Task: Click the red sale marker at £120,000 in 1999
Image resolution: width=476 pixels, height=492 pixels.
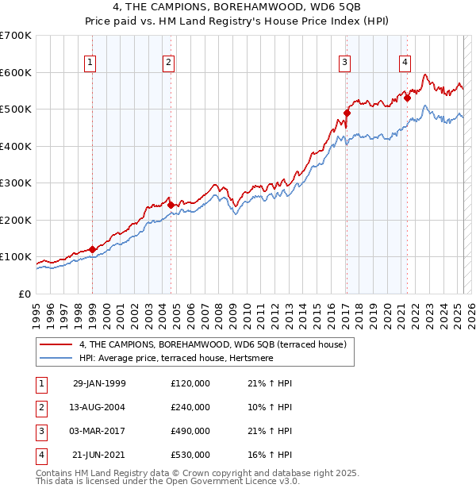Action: tap(93, 249)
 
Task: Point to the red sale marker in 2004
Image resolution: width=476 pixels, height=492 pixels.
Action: tap(171, 205)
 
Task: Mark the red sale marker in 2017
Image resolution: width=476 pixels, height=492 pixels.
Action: tap(347, 113)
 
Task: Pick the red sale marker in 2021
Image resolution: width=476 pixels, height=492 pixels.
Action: tap(407, 98)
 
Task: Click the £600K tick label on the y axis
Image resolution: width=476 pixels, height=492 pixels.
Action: tap(16, 72)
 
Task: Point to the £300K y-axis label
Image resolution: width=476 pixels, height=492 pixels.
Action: tap(16, 183)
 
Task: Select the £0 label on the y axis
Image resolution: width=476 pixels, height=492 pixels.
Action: tap(25, 294)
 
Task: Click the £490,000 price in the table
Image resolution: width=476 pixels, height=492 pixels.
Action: tap(190, 431)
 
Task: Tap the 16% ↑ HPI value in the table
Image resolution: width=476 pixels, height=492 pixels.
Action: tap(270, 455)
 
